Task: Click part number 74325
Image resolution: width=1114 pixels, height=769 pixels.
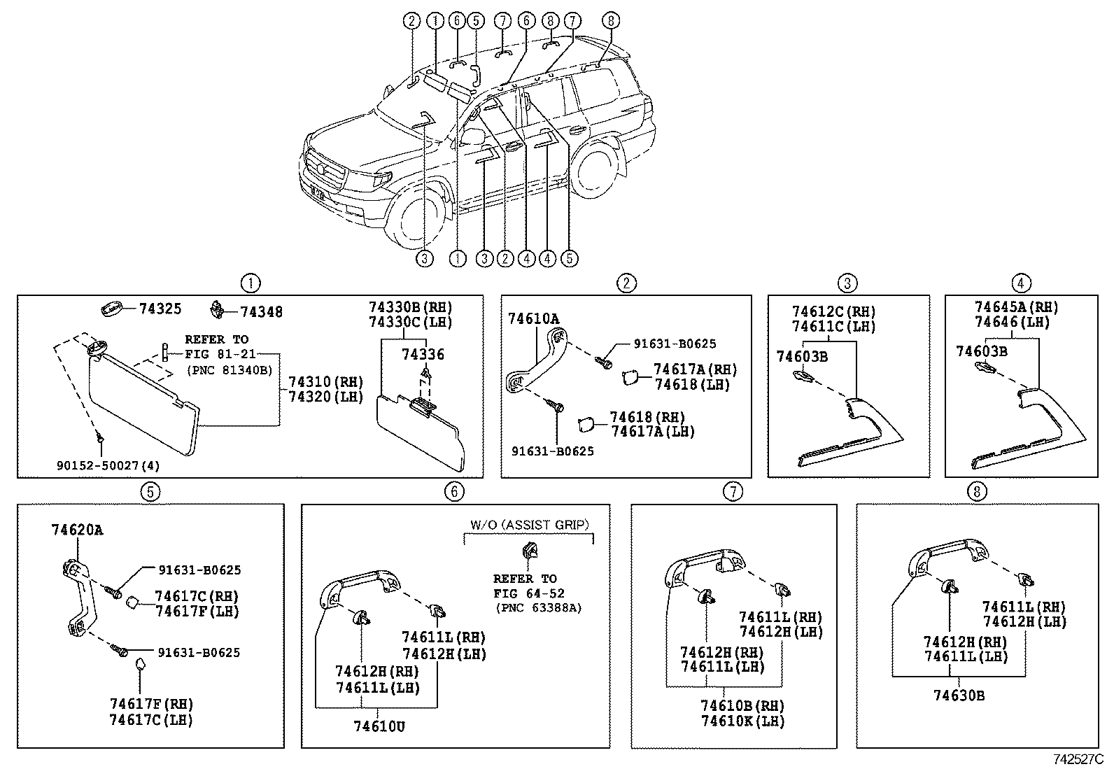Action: [160, 309]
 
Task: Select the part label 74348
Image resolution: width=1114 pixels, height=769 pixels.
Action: [262, 312]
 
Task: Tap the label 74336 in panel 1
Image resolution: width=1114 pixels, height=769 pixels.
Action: [423, 354]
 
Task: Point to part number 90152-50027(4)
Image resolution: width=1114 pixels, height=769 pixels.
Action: [108, 465]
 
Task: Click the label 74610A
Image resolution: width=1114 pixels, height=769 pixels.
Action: [534, 318]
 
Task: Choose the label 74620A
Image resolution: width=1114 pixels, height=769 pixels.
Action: [77, 530]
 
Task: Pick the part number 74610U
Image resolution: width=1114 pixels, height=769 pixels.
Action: [379, 727]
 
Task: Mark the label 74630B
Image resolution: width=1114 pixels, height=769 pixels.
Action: [959, 696]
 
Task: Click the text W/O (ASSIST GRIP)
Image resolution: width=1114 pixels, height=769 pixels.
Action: [530, 525]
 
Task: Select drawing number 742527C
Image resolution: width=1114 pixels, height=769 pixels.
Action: [1079, 759]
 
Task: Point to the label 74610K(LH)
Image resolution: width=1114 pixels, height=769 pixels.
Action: [742, 721]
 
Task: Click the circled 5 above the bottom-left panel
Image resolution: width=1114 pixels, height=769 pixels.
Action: [150, 492]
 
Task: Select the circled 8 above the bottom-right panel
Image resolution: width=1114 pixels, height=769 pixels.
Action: [977, 492]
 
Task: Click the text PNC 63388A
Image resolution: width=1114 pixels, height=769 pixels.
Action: [539, 608]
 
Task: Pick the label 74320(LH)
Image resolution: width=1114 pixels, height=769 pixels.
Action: [326, 397]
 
